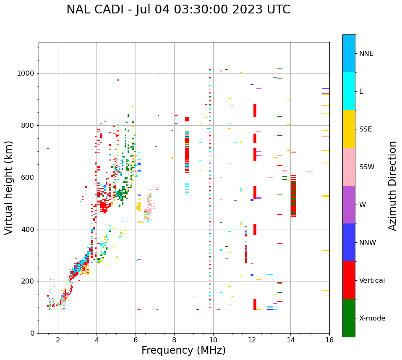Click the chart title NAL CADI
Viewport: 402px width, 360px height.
pyautogui.click(x=178, y=10)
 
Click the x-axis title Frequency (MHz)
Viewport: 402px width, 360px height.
pyautogui.click(x=183, y=350)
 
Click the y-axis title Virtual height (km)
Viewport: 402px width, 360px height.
pyautogui.click(x=9, y=187)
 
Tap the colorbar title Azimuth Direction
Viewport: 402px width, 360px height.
pyautogui.click(x=392, y=186)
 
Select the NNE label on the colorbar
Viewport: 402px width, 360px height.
pyautogui.click(x=366, y=53)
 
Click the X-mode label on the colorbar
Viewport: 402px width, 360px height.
pyautogui.click(x=372, y=318)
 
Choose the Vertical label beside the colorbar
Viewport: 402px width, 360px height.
pyautogui.click(x=372, y=280)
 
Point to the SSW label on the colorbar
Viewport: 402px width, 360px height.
pyautogui.click(x=367, y=167)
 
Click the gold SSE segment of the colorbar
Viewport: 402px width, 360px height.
pyautogui.click(x=349, y=129)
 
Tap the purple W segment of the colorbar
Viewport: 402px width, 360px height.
pyautogui.click(x=349, y=205)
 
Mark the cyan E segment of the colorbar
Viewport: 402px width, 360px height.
pyautogui.click(x=349, y=91)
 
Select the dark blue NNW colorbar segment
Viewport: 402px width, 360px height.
pyautogui.click(x=349, y=242)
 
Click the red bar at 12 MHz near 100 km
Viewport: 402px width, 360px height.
pyautogui.click(x=255, y=304)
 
